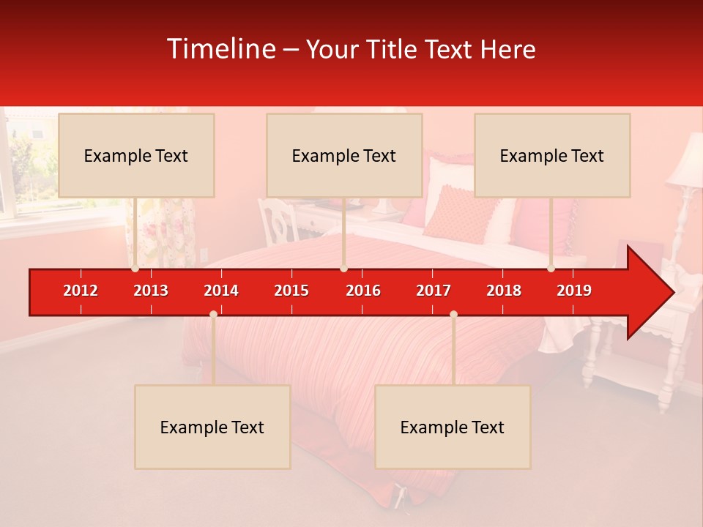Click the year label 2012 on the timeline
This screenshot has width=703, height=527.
coord(81,291)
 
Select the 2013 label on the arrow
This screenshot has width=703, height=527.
coord(151,291)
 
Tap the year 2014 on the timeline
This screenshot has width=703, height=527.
coord(221,291)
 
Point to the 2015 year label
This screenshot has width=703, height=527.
coord(291,291)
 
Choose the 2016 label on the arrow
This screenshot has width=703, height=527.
coord(363,291)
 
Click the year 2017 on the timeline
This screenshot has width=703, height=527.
coord(434,291)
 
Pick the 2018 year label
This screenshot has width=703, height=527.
coord(504,291)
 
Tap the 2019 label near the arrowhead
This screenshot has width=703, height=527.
coord(574,291)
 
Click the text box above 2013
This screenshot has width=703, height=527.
coord(136,155)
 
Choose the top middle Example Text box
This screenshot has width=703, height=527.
coord(344,155)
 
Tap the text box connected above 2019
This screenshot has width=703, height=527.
coord(552,155)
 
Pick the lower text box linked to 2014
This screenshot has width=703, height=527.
coord(212,427)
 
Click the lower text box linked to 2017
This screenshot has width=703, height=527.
coord(453,427)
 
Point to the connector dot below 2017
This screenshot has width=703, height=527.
coord(453,314)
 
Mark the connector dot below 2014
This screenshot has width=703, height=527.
coord(213,314)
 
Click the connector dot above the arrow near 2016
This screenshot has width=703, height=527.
coord(343,269)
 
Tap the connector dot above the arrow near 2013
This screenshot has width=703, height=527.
coord(135,269)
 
